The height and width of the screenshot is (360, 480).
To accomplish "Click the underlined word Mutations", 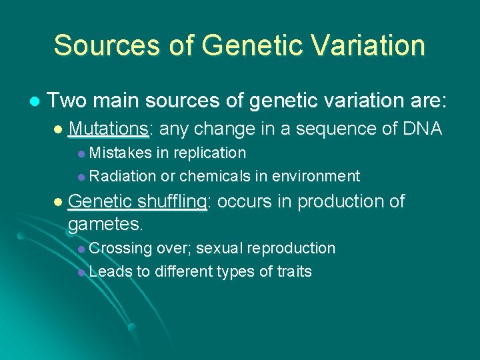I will tap(110, 128).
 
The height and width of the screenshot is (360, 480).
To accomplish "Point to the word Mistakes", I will tap(120, 153).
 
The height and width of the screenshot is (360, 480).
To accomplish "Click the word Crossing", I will tap(120, 249).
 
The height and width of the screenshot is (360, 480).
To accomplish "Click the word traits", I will tap(294, 271).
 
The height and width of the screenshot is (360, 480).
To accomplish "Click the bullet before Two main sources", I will tap(34, 101).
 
